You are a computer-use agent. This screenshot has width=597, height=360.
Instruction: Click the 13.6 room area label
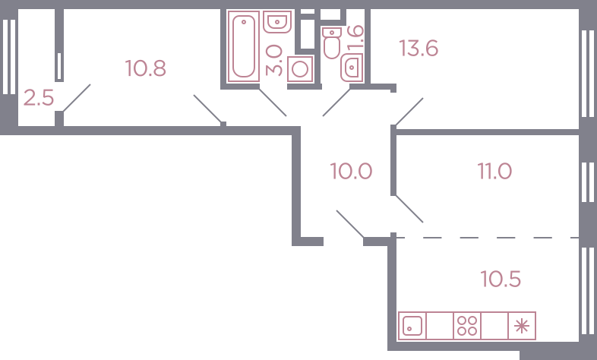pos(419,49)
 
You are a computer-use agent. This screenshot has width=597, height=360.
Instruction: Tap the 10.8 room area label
pos(145,68)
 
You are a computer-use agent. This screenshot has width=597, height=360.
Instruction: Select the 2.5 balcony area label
pos(39,98)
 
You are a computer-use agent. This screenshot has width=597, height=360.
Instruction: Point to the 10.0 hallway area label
pos(351,171)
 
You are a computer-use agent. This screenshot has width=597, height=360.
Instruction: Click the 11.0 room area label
pos(494,171)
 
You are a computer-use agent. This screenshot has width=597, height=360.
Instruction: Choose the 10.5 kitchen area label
pos(501,279)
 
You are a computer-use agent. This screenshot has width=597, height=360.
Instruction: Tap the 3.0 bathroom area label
pos(274,60)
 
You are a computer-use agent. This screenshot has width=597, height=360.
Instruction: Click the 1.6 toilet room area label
pos(355,37)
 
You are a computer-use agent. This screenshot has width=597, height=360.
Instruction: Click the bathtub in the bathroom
pos(243,46)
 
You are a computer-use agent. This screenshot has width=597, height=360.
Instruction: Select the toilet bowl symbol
pos(332,43)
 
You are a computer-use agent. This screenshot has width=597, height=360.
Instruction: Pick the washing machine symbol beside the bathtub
pos(300,69)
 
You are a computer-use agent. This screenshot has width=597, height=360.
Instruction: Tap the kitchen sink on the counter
pos(412,326)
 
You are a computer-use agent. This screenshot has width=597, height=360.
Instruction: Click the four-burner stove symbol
pos(467,326)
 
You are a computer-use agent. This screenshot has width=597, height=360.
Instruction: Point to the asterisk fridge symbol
pos(522,326)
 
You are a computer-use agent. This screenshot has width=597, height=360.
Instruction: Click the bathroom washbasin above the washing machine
pos(277,22)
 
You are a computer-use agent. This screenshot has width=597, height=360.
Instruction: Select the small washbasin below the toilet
pos(352,68)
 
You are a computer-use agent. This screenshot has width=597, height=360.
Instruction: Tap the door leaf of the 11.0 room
pos(409,209)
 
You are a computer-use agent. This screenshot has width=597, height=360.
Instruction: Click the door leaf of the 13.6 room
pos(409,112)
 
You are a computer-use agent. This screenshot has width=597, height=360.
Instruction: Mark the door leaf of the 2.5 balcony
pos(77,98)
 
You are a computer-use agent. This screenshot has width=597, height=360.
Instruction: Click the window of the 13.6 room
pos(587,73)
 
